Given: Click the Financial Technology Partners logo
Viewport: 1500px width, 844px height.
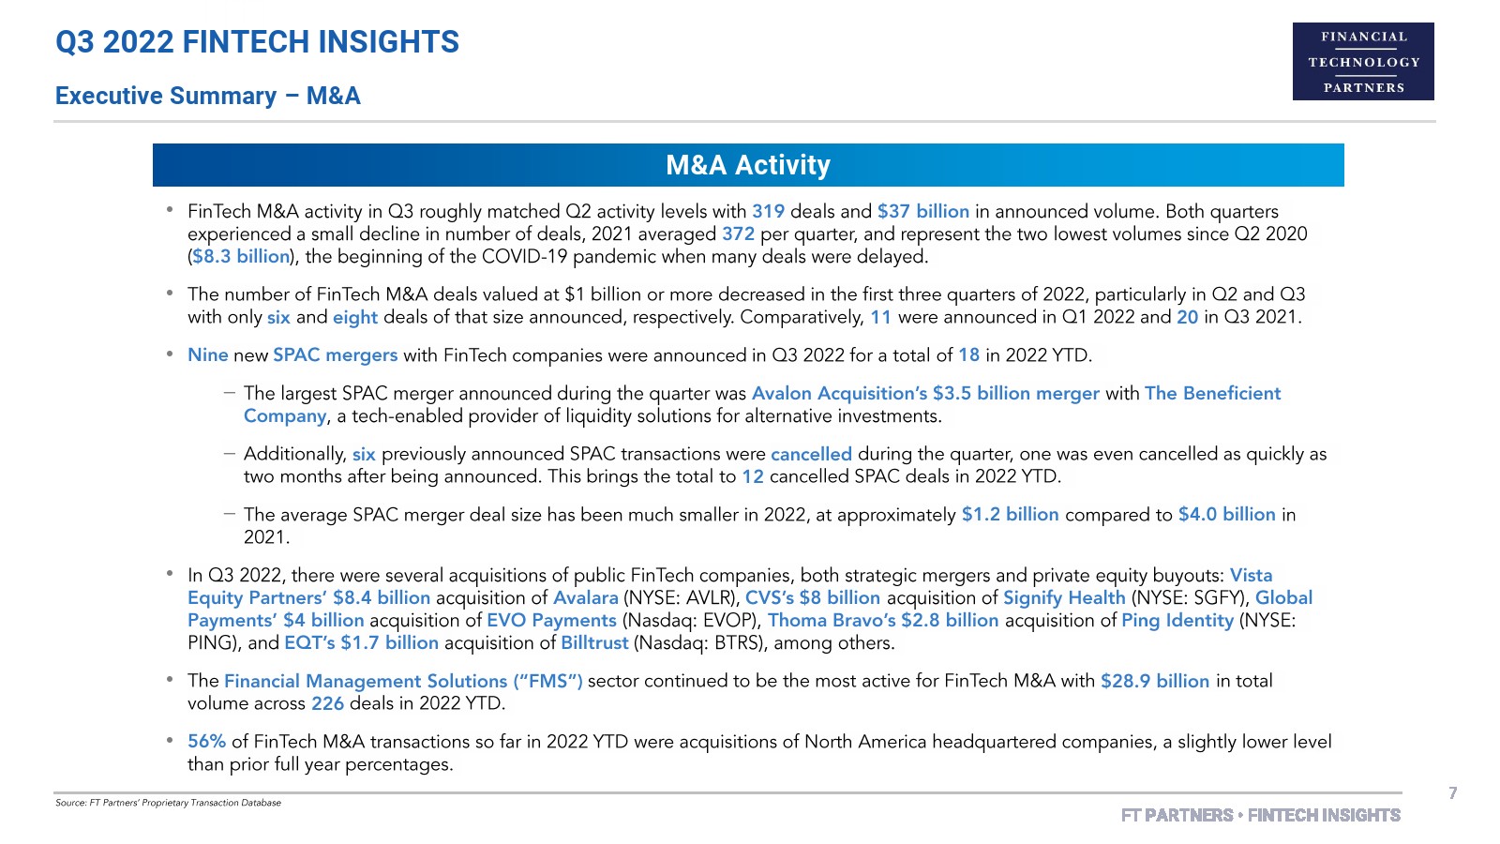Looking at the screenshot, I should tap(1363, 62).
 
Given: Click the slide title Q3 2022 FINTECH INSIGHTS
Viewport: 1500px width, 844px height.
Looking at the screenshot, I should tap(257, 42).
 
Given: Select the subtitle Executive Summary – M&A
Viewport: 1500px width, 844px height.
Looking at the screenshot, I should tap(207, 96).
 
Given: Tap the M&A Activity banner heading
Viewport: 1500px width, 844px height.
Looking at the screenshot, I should tap(748, 165).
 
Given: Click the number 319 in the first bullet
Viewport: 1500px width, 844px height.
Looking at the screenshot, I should tap(768, 212).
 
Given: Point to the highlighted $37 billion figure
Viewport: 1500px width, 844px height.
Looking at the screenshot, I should tap(922, 212).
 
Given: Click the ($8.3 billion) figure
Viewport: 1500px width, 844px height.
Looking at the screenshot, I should tap(241, 257).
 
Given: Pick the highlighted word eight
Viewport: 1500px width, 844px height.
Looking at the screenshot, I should tap(354, 318).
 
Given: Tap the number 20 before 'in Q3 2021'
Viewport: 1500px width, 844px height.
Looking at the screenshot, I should tap(1187, 318).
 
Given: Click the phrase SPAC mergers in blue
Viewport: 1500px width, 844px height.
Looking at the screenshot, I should tap(335, 355).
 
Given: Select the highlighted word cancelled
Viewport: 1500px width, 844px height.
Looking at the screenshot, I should tap(811, 455).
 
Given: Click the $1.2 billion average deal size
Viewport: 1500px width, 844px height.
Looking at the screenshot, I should tap(1010, 515).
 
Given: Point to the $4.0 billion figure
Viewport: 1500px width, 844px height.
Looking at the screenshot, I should tap(1226, 515).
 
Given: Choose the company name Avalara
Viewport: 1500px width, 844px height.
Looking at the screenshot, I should tap(585, 598).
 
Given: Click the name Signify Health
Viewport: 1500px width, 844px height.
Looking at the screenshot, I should tap(1064, 598).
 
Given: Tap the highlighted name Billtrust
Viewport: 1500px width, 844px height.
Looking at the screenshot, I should tap(594, 643).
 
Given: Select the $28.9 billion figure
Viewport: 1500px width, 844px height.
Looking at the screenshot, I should tap(1155, 682).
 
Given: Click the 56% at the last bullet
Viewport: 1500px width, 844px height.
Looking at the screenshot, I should tap(206, 742).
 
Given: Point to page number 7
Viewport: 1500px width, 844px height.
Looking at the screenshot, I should tap(1452, 793).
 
